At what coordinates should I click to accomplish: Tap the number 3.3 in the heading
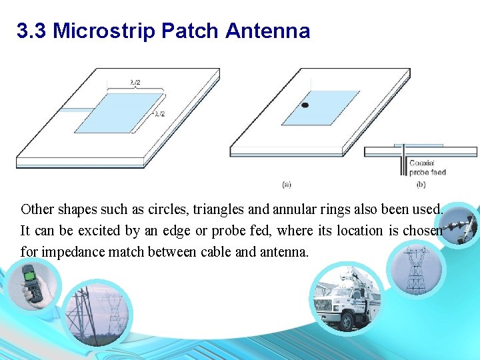[31, 31]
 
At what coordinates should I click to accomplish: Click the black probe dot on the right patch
[305, 105]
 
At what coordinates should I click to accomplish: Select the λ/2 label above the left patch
[135, 83]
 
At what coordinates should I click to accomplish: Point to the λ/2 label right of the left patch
[159, 114]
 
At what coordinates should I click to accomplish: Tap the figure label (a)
[286, 184]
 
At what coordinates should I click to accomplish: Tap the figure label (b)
[421, 184]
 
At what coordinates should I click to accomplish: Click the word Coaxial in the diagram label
[422, 163]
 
